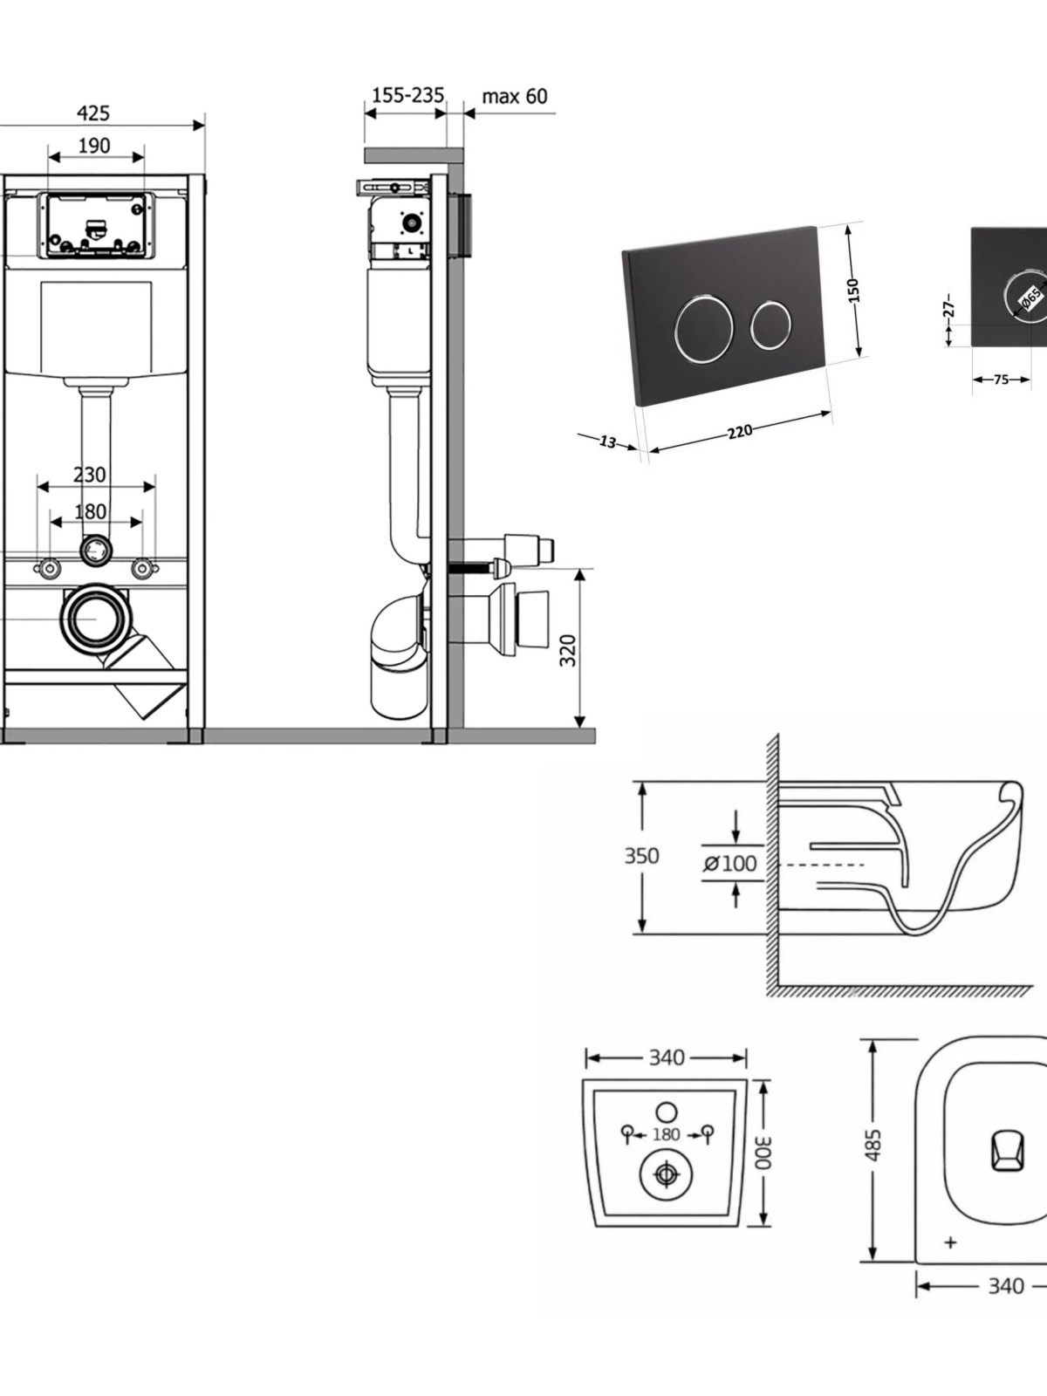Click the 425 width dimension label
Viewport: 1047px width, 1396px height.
93,113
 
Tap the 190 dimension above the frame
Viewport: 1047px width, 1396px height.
94,146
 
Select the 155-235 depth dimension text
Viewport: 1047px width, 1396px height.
407,95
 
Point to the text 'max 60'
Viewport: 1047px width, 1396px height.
515,96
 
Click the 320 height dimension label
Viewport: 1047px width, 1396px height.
568,650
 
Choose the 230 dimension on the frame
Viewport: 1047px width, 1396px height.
90,475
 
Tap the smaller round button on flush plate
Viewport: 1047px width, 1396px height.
771,325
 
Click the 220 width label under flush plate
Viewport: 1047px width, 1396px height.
740,430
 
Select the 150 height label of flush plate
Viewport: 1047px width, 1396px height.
853,290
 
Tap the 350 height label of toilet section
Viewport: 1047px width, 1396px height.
641,856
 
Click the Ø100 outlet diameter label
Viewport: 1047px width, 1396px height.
730,864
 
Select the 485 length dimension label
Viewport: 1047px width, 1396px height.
872,1145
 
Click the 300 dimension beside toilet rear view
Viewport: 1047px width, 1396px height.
763,1152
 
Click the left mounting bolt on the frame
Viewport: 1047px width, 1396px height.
49,569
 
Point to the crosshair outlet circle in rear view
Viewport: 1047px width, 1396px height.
667,1174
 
